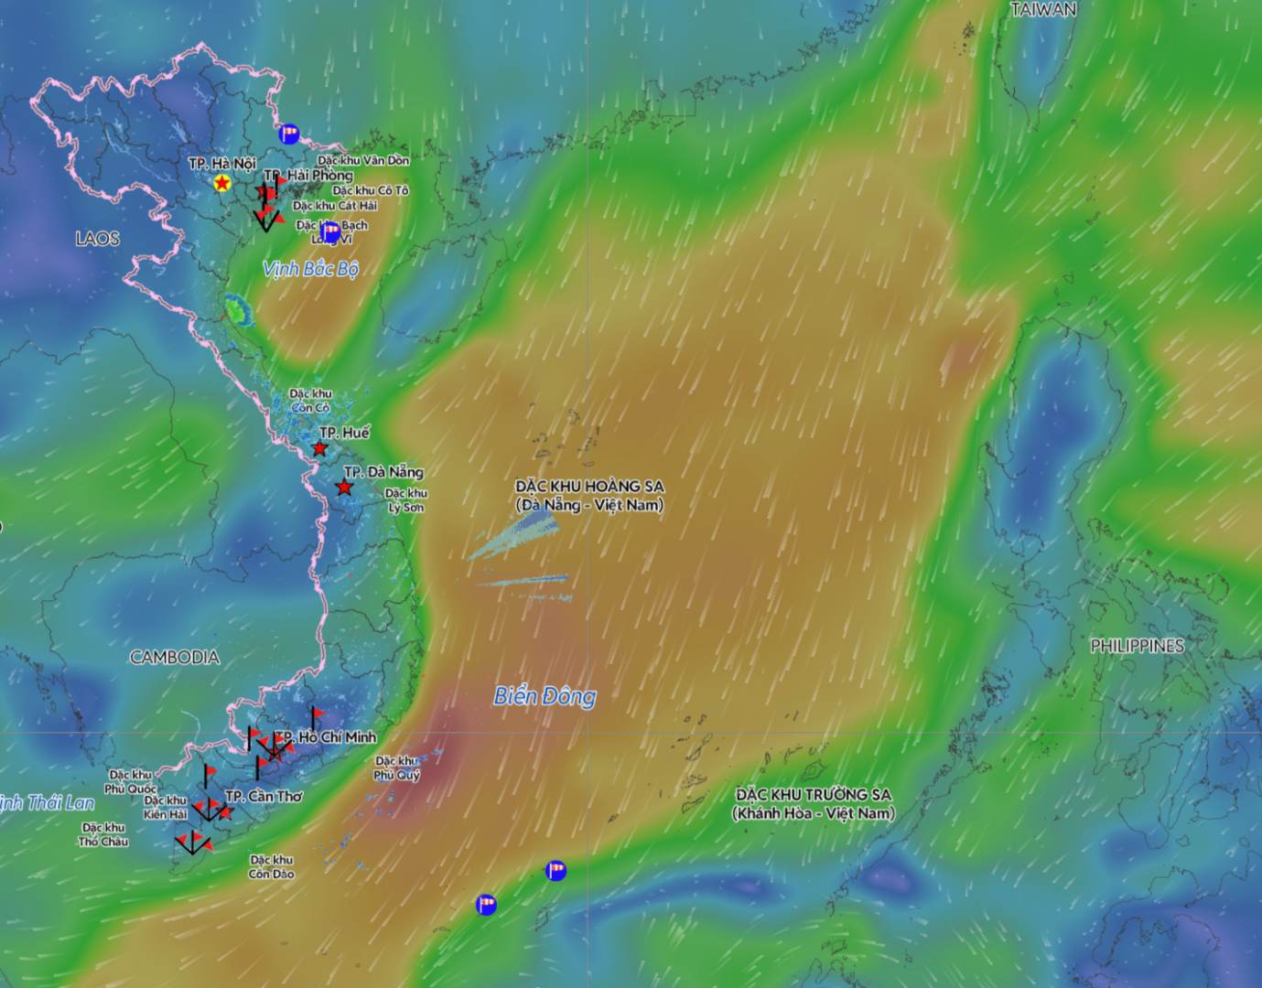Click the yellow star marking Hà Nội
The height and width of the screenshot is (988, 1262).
coord(221,184)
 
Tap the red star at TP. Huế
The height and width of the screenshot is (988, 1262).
coord(319,448)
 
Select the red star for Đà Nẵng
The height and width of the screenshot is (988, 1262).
coord(343,488)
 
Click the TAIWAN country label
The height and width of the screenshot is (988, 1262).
coord(1043,10)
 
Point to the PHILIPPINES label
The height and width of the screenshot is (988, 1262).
coord(1137,646)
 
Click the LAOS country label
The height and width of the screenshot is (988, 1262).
coord(97,239)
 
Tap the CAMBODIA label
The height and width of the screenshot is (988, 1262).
coord(175,657)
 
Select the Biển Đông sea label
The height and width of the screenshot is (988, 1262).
coord(545,696)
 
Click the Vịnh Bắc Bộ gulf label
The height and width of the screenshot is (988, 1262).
coord(310,269)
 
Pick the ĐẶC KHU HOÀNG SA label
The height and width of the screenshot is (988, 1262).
coord(589,495)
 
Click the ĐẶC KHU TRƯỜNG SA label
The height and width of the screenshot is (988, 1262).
coord(814,803)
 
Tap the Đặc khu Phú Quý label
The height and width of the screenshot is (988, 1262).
coord(396,768)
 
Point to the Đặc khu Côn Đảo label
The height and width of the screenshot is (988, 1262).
coord(272,866)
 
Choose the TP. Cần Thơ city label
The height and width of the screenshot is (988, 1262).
coord(264,796)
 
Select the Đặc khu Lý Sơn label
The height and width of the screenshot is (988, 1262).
coord(405,499)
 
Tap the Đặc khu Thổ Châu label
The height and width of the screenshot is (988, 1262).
coord(102,834)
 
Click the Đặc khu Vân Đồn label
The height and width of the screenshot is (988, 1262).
coord(363,160)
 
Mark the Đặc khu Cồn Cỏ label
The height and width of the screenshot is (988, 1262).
coord(310,400)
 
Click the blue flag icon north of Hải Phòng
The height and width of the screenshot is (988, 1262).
coord(289,134)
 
